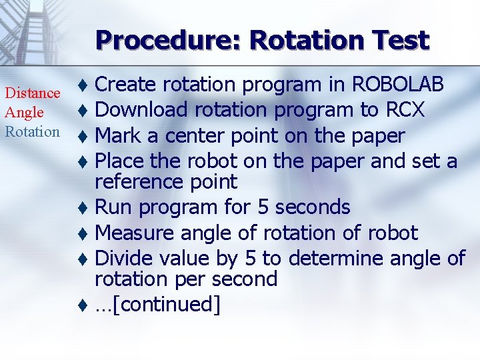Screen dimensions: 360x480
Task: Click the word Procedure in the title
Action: tap(168, 41)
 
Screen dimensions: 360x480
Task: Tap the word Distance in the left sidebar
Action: tap(33, 94)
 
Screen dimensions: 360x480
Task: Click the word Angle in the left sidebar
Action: tap(25, 113)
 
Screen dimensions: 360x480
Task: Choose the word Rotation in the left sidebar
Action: tap(33, 131)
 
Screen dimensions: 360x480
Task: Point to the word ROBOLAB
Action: tap(397, 85)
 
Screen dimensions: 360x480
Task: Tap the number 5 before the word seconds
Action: tap(263, 207)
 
